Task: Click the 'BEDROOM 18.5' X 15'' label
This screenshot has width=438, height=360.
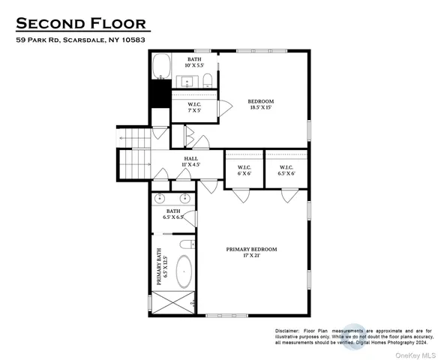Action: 260,105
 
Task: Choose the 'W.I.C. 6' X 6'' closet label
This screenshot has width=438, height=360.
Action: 244,170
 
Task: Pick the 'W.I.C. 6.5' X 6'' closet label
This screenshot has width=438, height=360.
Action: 286,170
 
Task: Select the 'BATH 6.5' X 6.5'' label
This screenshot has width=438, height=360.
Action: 175,214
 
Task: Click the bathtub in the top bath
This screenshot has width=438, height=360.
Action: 162,67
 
